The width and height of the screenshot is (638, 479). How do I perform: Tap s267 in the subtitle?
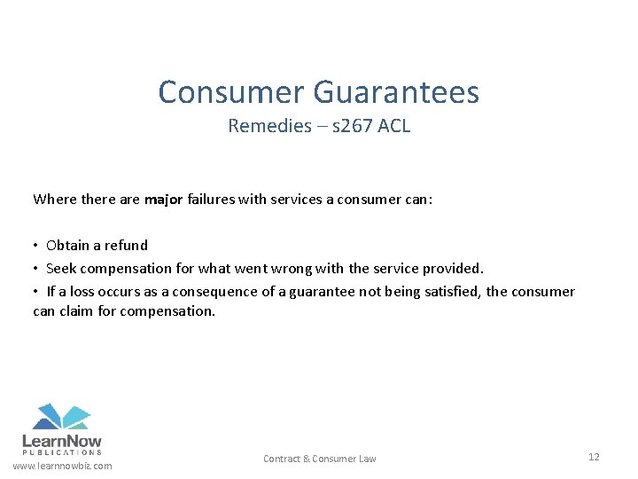point(353,126)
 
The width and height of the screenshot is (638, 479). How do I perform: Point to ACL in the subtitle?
point(393,126)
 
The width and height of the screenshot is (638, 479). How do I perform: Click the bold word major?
point(164,199)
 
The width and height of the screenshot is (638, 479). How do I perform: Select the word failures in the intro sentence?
point(211,199)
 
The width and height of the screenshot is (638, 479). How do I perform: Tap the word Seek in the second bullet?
point(61,268)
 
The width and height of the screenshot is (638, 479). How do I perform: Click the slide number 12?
point(593,457)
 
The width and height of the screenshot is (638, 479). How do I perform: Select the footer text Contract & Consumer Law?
point(319,459)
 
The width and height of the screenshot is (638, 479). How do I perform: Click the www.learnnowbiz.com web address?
point(62,467)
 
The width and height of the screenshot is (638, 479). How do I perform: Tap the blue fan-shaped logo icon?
point(61,416)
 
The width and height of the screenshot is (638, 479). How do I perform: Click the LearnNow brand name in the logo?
point(61,441)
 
